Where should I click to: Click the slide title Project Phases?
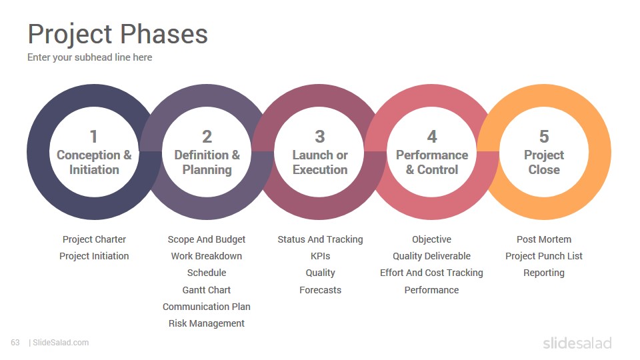(x=117, y=35)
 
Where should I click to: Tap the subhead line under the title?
(x=90, y=57)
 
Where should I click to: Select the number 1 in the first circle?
(x=93, y=137)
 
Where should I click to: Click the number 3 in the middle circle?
(x=319, y=137)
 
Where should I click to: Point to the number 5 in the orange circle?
(x=544, y=137)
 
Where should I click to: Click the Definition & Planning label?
(x=207, y=163)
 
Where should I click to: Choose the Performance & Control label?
(x=432, y=163)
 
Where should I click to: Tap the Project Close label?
(x=544, y=163)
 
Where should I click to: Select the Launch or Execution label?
(x=320, y=163)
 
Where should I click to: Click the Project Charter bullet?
(x=94, y=239)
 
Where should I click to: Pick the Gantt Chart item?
(x=207, y=290)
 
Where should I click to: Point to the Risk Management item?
(x=207, y=324)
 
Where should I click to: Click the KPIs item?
(x=321, y=256)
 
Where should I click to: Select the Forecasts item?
(x=321, y=290)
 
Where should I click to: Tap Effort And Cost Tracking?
(x=431, y=273)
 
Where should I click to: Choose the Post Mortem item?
(x=544, y=239)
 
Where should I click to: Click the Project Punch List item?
(x=544, y=256)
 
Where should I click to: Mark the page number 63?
(x=15, y=343)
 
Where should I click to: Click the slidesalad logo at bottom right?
(x=577, y=343)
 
